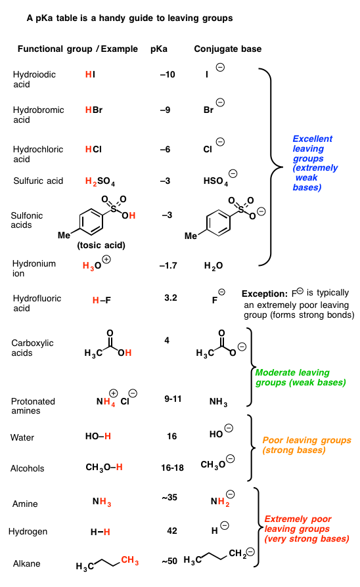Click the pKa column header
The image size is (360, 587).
[159, 49]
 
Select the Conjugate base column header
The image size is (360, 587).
[228, 49]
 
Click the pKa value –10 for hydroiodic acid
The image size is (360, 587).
[168, 74]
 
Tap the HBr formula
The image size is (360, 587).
[94, 110]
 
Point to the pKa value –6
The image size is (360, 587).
[165, 149]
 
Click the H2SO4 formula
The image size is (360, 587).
[100, 182]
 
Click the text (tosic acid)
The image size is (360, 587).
[101, 245]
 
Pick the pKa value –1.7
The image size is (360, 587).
[168, 265]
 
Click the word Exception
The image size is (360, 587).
[265, 293]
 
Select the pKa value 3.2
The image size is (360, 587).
[170, 297]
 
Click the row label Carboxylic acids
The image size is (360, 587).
[32, 348]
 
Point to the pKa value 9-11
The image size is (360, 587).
[173, 399]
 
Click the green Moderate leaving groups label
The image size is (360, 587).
[300, 378]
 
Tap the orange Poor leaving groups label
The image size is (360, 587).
[307, 445]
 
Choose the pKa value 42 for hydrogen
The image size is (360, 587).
[172, 531]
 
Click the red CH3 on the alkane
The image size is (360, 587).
[129, 561]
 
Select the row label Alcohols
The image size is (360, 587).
[28, 468]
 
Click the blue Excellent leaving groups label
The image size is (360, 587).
[315, 163]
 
